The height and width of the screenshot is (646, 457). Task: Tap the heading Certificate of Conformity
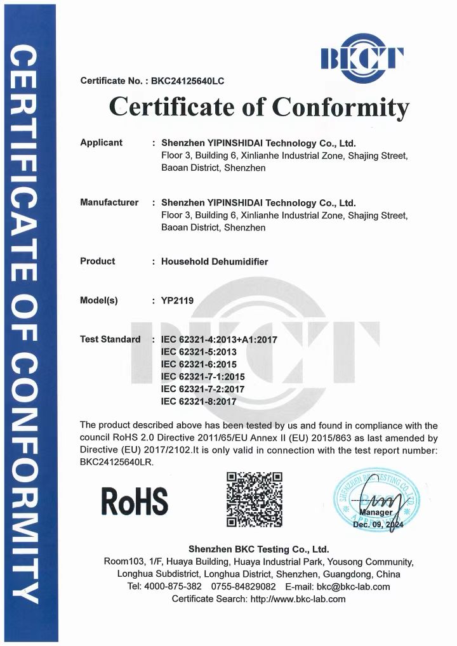(259, 107)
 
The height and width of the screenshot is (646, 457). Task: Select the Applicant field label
(101, 143)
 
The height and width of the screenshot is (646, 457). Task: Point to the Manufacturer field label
(109, 202)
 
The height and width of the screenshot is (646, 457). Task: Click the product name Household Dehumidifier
(215, 261)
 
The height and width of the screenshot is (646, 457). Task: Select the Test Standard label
(110, 339)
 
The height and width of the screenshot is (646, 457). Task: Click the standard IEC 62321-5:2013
(199, 352)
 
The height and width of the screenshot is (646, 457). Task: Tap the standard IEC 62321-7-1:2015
(203, 376)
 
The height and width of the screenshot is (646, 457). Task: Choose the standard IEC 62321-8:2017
(199, 401)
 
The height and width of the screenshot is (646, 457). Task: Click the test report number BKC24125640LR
(116, 463)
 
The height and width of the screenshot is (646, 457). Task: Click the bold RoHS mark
(135, 501)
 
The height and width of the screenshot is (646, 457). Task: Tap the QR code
(255, 500)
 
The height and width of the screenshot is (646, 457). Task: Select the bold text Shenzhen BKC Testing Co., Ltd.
(258, 549)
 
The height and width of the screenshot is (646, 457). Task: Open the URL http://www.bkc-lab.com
(298, 599)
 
